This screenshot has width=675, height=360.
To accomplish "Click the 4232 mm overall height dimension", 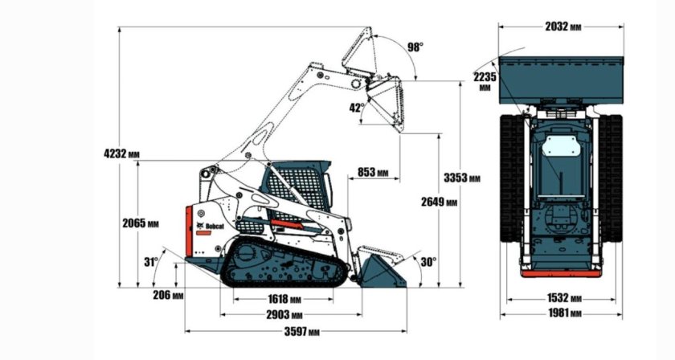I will [118, 153].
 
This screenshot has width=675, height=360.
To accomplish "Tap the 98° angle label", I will [415, 47].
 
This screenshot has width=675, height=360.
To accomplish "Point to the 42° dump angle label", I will [357, 107].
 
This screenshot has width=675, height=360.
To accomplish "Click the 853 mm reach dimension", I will [372, 172].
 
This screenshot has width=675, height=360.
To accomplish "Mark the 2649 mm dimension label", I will [439, 202].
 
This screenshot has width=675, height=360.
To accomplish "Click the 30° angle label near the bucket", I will [427, 260].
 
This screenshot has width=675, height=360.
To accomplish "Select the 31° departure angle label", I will [150, 261].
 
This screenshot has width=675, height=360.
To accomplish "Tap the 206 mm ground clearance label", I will [168, 295].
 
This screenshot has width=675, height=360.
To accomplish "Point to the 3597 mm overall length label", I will [301, 331].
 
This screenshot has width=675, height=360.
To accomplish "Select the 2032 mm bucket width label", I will [562, 27].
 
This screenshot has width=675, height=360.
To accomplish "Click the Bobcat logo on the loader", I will [210, 227].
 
